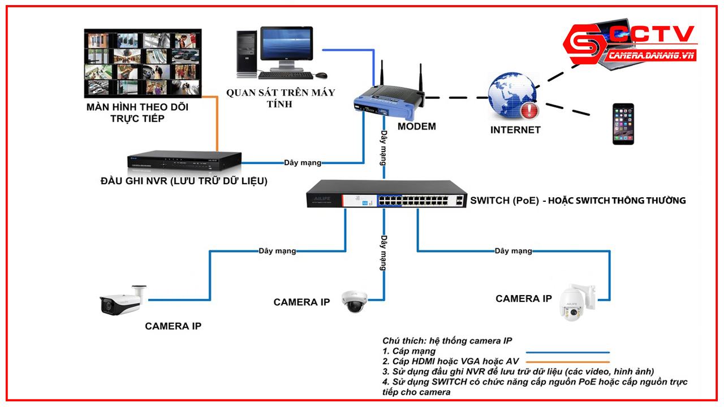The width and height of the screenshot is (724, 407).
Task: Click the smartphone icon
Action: tap(623, 124)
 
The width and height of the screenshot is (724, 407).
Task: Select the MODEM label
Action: tap(416, 127)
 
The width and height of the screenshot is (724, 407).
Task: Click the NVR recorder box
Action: tap(184, 163)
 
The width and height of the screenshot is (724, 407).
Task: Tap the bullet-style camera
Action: tap(122, 302)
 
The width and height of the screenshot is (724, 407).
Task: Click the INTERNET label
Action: tap(515, 130)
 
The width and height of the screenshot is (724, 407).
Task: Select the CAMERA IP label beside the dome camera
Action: tap(301, 302)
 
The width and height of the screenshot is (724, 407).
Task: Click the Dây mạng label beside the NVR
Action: tap(302, 163)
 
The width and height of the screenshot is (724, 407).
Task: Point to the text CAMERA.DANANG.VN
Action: tap(652, 55)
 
